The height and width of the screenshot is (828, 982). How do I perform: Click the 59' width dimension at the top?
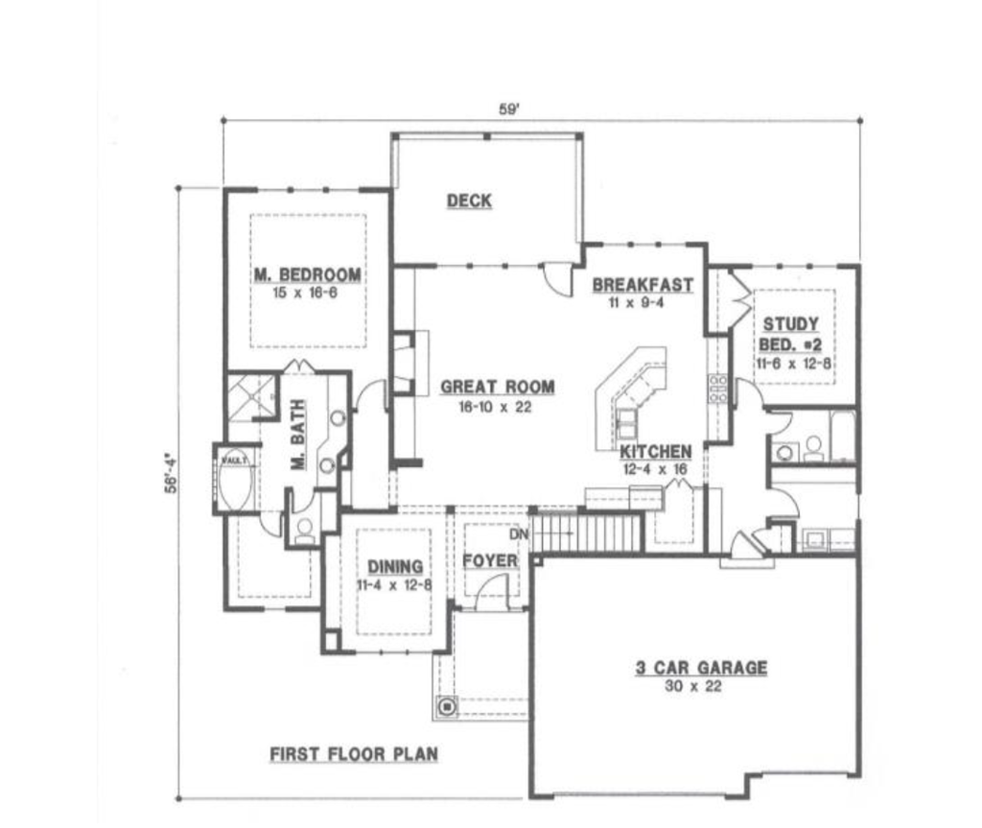[509, 109]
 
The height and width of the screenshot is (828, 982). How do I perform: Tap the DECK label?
[469, 201]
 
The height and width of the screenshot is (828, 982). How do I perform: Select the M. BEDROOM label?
[308, 275]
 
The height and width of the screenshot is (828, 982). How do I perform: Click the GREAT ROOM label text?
[497, 388]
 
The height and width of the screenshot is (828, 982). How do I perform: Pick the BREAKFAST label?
[642, 285]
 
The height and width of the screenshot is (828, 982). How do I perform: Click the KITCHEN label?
[655, 452]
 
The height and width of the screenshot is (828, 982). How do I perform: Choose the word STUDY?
[791, 324]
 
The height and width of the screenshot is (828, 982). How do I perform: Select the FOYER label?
[490, 561]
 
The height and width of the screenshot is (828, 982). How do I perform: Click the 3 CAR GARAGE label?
[701, 668]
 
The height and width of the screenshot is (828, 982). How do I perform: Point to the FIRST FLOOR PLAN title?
[353, 754]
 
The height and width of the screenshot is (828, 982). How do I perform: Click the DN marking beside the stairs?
[518, 533]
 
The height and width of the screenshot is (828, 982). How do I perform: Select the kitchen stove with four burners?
[717, 388]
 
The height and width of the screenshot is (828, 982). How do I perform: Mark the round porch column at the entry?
[446, 707]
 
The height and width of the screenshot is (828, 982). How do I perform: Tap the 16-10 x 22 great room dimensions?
[495, 406]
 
